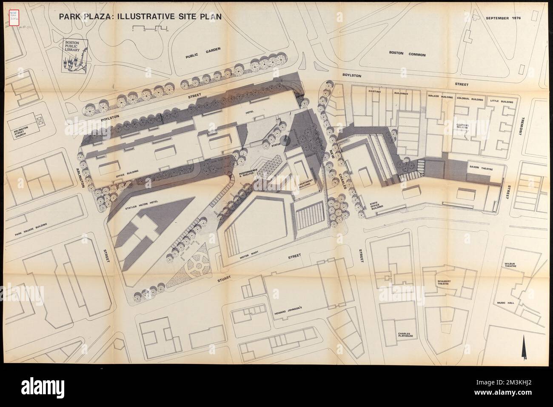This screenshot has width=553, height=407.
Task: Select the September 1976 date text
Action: tap(503, 19)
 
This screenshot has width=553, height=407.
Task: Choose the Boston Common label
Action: tap(408, 54)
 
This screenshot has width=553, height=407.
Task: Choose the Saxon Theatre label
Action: tap(480, 168)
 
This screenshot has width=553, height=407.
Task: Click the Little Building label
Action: tap(502, 102)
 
